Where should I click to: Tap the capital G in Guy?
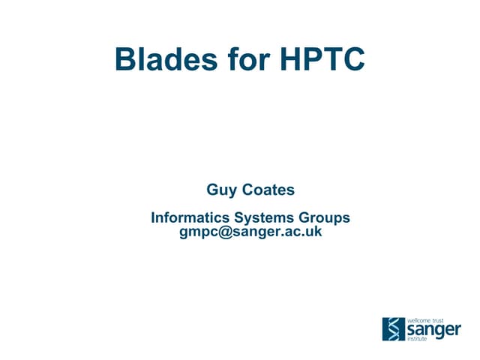[x=212, y=190]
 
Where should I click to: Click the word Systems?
[x=268, y=218]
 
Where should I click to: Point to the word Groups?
[x=327, y=218]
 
